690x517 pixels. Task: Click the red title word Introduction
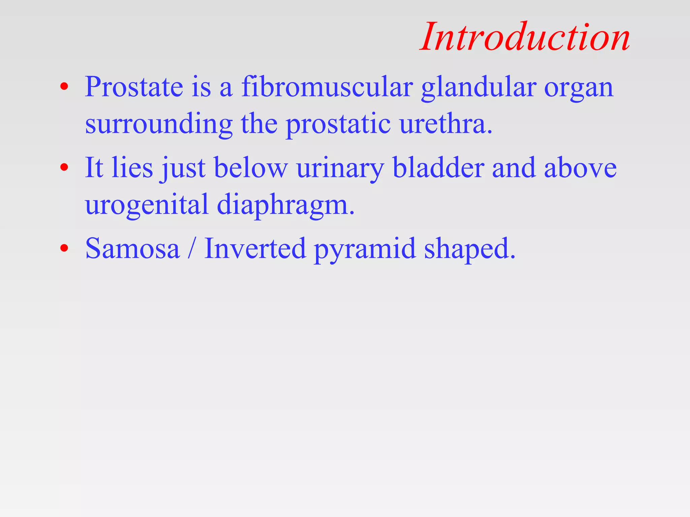(525, 37)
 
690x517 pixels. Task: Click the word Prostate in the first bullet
(134, 87)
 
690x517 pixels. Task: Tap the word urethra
(445, 124)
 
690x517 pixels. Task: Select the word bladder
(438, 167)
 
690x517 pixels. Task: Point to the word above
(580, 168)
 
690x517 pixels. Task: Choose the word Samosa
(132, 248)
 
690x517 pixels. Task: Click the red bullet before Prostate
(64, 87)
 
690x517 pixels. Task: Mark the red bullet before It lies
(64, 167)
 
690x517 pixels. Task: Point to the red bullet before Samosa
(64, 248)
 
